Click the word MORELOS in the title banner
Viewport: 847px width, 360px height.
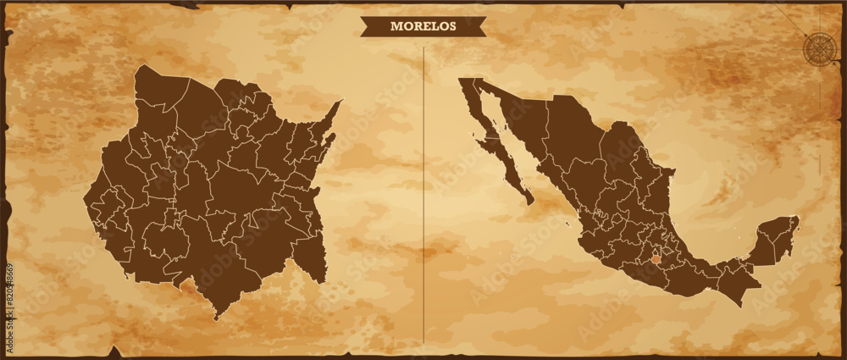[x=423, y=26]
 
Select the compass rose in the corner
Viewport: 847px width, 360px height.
[x=818, y=47]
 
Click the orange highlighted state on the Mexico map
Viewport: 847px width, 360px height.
[x=656, y=255]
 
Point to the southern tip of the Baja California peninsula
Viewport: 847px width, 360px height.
[x=530, y=202]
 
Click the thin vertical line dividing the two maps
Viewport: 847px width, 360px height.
[x=423, y=195]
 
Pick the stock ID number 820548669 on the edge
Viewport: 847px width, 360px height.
[x=9, y=296]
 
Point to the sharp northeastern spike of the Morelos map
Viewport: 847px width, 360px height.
[x=340, y=102]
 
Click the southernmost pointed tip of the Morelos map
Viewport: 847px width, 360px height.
[x=217, y=318]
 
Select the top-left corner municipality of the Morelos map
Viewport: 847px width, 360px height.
[x=161, y=88]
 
